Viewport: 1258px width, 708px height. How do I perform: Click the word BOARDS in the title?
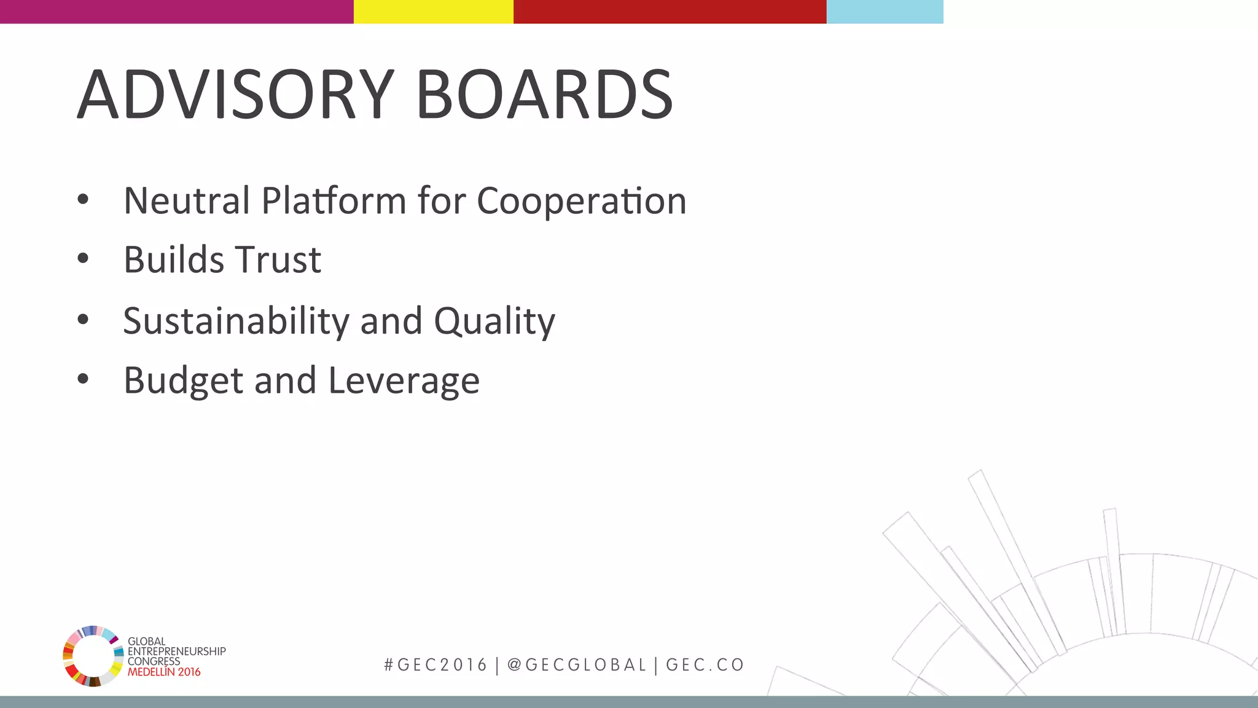point(544,95)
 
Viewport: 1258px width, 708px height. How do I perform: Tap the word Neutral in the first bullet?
point(187,200)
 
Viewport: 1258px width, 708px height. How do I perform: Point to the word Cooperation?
point(581,200)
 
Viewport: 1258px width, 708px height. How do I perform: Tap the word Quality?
point(494,321)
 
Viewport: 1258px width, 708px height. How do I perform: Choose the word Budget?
point(183,380)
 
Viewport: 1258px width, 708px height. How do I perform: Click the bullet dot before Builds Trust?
point(83,259)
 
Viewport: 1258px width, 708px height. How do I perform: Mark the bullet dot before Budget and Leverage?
point(83,379)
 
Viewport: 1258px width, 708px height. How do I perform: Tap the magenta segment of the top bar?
point(177,12)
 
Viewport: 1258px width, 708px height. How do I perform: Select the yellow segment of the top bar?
point(434,12)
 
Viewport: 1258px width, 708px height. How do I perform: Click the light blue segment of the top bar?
point(885,12)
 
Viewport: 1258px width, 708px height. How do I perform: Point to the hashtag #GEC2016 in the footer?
point(435,665)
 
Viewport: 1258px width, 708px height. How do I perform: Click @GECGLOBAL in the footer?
point(577,665)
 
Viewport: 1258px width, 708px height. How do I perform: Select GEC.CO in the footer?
point(705,665)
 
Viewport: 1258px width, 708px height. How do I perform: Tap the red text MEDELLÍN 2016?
point(164,672)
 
